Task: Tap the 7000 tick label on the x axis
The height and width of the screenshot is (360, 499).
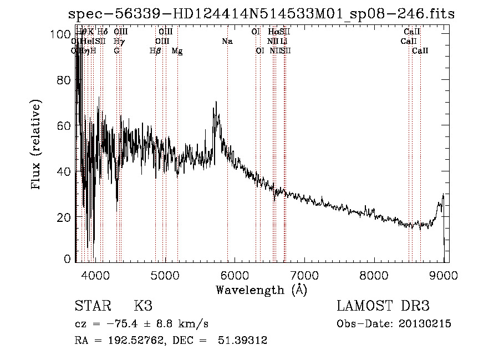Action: click(x=304, y=275)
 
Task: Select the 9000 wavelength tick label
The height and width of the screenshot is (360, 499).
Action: click(x=444, y=275)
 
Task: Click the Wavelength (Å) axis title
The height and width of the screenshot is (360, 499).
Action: click(x=261, y=290)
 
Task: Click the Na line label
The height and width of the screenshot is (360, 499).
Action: click(x=227, y=41)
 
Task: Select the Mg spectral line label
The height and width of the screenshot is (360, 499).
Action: click(x=177, y=51)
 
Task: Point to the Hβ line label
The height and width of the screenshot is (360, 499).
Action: click(x=155, y=51)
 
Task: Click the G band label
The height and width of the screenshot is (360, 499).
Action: click(x=116, y=51)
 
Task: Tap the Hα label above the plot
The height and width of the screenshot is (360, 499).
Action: click(x=273, y=32)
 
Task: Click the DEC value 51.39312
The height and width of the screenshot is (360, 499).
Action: click(x=245, y=341)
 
